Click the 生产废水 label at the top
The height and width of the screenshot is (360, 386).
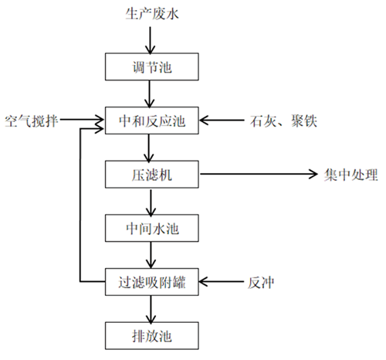pos(152,14)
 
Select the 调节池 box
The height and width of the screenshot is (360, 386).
pos(152,66)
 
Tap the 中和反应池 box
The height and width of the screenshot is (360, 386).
pos(152,121)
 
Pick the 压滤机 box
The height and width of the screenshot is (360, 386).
pos(152,175)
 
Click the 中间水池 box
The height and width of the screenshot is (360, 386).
pos(152,228)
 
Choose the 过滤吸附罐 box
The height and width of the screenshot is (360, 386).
pos(152,282)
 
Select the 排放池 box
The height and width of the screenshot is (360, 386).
pos(152,336)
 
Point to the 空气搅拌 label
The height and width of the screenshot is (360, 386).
pos(32,121)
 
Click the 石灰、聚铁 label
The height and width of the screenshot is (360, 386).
pos(283,121)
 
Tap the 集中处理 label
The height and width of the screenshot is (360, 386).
pos(350,175)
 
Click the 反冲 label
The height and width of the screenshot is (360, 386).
pos(261,283)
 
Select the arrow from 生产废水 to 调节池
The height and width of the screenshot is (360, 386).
pos(150,40)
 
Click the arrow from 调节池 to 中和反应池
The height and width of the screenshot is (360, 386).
pos(150,93)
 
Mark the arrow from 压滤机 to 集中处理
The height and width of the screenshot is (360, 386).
pos(259,174)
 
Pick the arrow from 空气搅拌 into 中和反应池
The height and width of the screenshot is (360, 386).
pos(82,120)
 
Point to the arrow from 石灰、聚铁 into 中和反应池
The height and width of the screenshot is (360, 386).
pos(222,120)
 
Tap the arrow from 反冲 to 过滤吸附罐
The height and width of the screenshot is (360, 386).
pos(222,282)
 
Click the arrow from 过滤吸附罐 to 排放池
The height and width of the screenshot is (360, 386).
pos(151,309)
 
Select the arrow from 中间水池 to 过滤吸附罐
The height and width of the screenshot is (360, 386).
pos(151,255)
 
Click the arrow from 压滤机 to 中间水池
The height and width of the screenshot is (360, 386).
pos(151,203)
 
